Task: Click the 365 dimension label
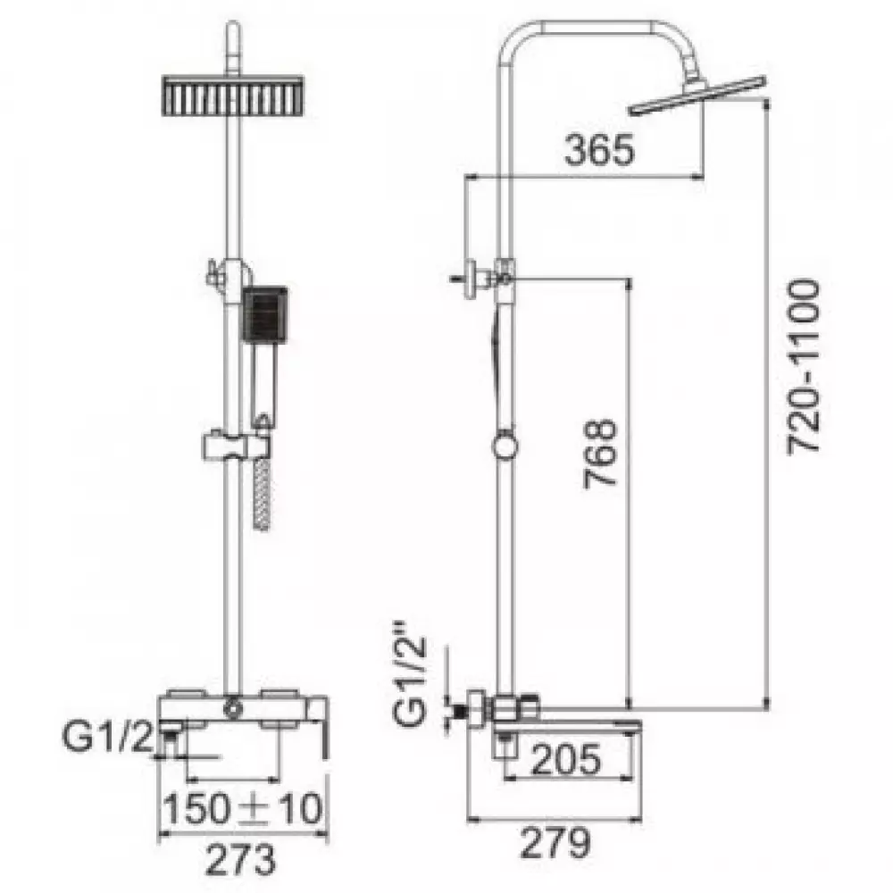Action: (598, 150)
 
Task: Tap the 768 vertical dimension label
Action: (601, 455)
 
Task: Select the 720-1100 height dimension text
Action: (804, 366)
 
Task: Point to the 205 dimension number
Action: (565, 759)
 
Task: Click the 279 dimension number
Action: (555, 843)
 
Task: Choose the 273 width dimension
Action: (240, 860)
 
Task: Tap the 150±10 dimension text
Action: (243, 809)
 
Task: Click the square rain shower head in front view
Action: (233, 96)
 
